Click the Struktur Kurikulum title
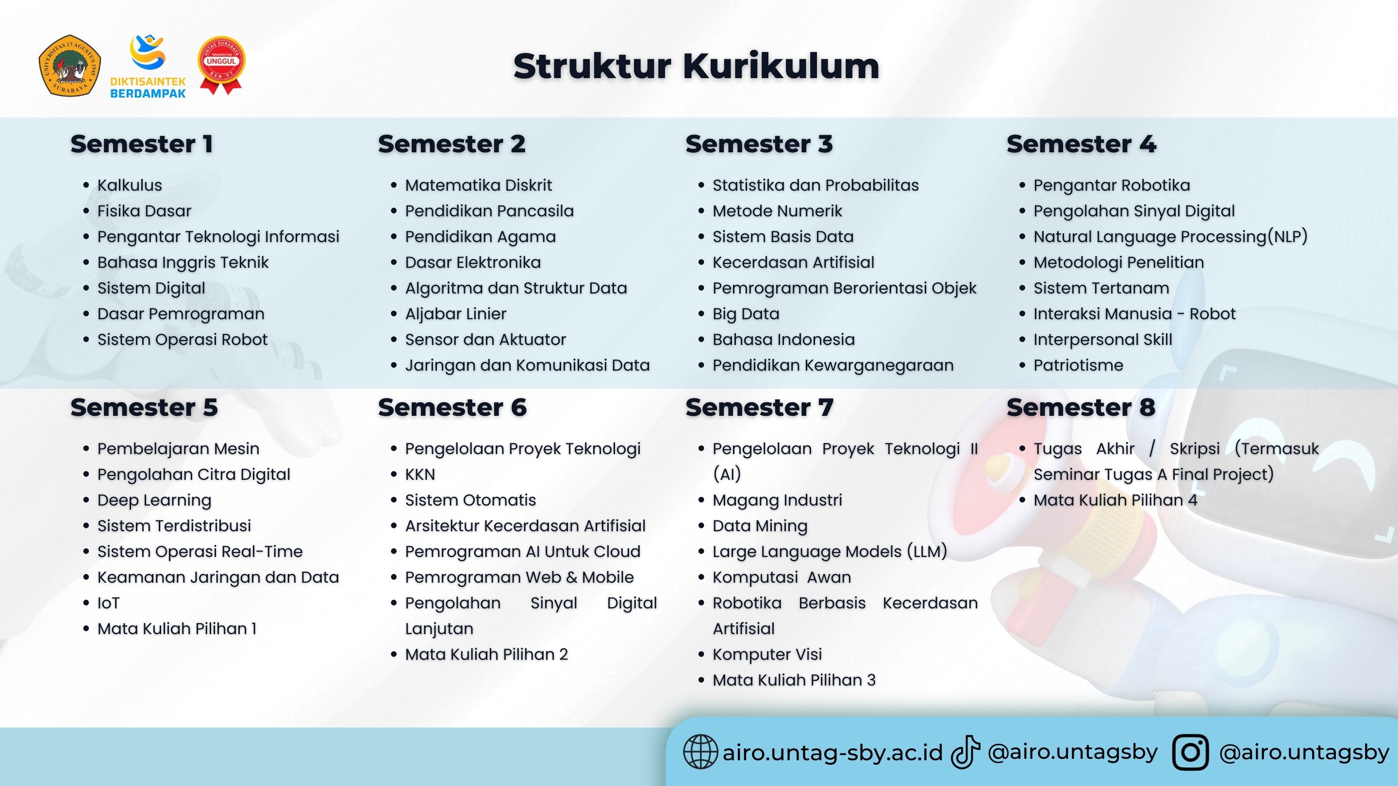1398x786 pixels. pos(696,66)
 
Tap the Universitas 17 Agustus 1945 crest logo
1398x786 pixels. pos(69,66)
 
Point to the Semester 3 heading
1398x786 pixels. pos(759,144)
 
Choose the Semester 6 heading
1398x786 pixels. pos(452,408)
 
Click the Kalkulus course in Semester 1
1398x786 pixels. pos(130,185)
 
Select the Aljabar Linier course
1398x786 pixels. pos(455,314)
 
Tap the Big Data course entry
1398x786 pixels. pos(746,314)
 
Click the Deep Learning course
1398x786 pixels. pos(154,500)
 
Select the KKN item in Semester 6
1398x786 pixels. pos(420,475)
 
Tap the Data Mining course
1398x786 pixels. pos(760,526)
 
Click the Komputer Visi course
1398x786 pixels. pos(767,655)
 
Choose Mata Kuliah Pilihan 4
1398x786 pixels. pos(1115,500)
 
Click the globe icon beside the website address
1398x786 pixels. pos(700,752)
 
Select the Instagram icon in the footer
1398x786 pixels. pos(1190,752)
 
